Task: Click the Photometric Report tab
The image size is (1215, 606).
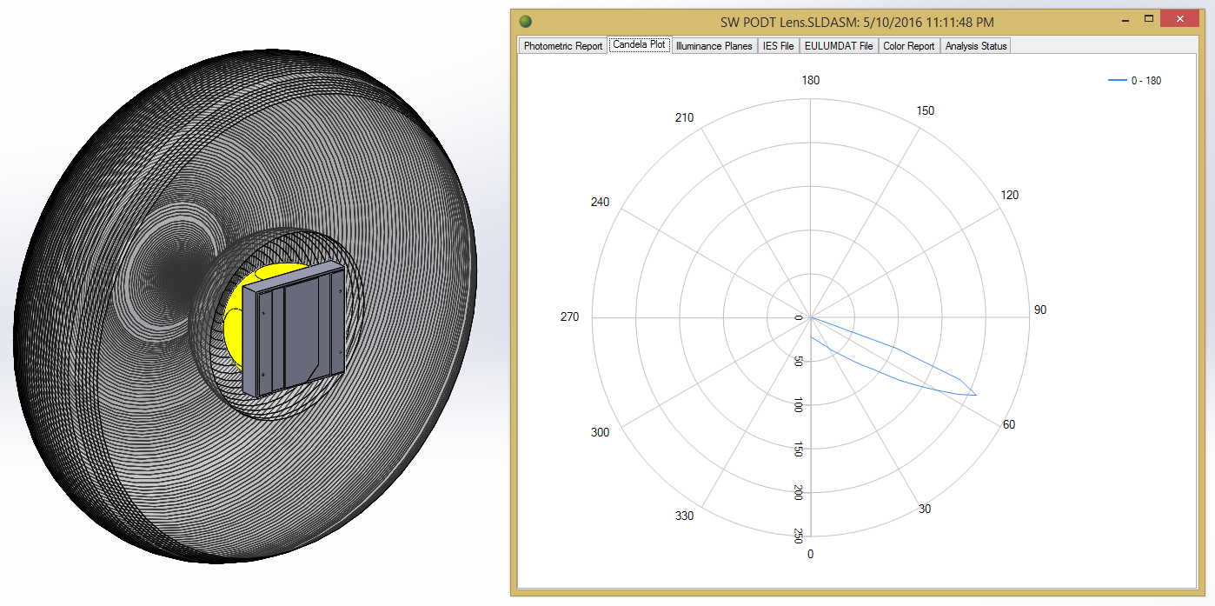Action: pyautogui.click(x=562, y=46)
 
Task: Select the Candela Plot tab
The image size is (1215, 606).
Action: pyautogui.click(x=640, y=45)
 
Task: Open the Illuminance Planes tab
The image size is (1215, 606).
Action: pyautogui.click(x=714, y=46)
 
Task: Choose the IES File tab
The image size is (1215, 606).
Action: pyautogui.click(x=778, y=46)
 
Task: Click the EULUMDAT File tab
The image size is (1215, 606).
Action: pyautogui.click(x=838, y=46)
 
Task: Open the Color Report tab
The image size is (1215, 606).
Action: pyautogui.click(x=908, y=46)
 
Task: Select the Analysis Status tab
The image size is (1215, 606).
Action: pyautogui.click(x=975, y=46)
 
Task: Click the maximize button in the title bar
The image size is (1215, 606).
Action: pyautogui.click(x=1148, y=19)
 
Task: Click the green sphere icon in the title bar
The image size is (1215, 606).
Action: pyautogui.click(x=525, y=21)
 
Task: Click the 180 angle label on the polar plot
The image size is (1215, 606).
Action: pyautogui.click(x=810, y=81)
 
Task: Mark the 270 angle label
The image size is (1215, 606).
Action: pyautogui.click(x=569, y=317)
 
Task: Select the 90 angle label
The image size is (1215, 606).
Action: pyautogui.click(x=1039, y=310)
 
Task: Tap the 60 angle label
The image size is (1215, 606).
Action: pyautogui.click(x=1008, y=425)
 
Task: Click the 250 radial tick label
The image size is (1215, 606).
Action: pyautogui.click(x=799, y=536)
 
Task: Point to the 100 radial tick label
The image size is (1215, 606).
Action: pyautogui.click(x=799, y=404)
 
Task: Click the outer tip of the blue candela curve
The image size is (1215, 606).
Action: pyautogui.click(x=976, y=396)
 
